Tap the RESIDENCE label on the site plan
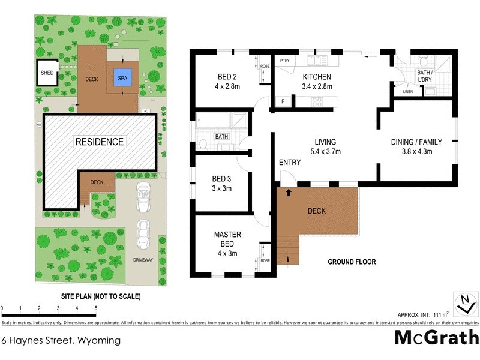(x=100, y=142)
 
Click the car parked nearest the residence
(x=143, y=197)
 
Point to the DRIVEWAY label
(x=143, y=260)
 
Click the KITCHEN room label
(x=317, y=77)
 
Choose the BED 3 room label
(x=222, y=179)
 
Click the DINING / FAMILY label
(x=416, y=142)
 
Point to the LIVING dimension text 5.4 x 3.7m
(x=324, y=152)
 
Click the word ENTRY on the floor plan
(x=290, y=163)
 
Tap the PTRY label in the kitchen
(x=285, y=61)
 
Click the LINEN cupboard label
(x=407, y=92)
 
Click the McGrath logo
(x=436, y=338)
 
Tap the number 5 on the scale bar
(x=95, y=308)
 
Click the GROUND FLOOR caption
(x=352, y=262)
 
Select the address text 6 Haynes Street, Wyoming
(x=61, y=340)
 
